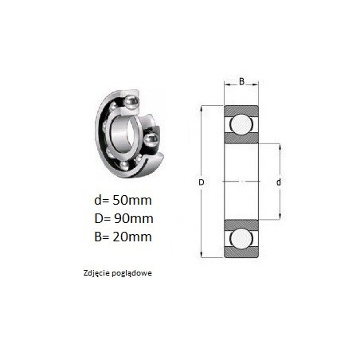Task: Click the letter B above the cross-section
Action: pos(241,81)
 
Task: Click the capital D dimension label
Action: pos(202,182)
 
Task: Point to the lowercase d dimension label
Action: pos(279,182)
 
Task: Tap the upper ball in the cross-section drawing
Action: pos(241,124)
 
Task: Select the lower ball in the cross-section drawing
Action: pos(241,239)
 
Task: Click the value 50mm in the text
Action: pos(132,200)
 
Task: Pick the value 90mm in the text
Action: pos(134,218)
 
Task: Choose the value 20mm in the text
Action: pos(132,237)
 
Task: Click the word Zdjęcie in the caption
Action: pos(96,273)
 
